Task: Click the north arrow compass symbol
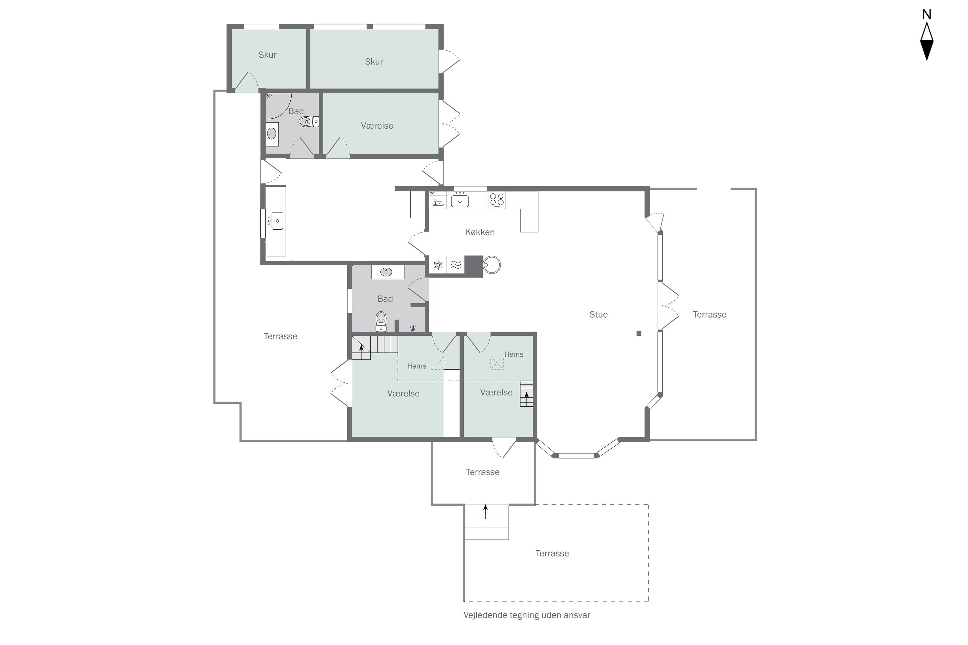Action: click(926, 42)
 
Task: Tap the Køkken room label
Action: click(479, 232)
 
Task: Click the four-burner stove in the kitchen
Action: click(497, 200)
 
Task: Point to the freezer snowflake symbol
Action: click(438, 264)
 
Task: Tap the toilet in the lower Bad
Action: click(381, 321)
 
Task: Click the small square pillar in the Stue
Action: click(639, 333)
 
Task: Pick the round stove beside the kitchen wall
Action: click(491, 265)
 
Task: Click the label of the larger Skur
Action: click(374, 62)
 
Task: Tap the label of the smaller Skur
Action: click(267, 55)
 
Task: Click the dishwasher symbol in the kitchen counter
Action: click(438, 200)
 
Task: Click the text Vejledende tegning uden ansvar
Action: click(527, 615)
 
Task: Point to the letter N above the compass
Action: click(926, 15)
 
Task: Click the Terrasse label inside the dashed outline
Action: click(552, 553)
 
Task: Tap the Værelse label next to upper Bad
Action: click(377, 125)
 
